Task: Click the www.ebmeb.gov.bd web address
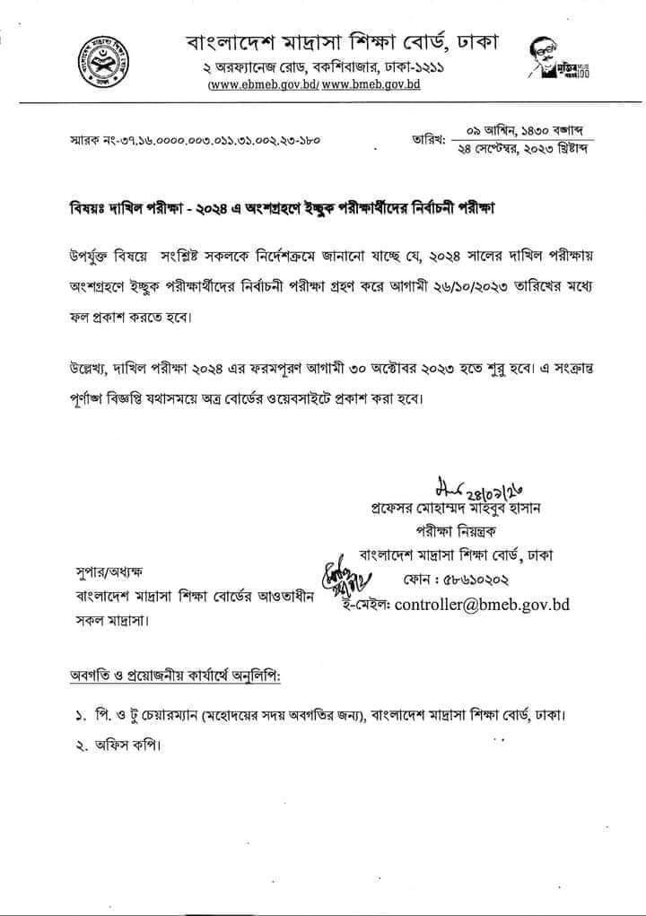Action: point(261,85)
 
